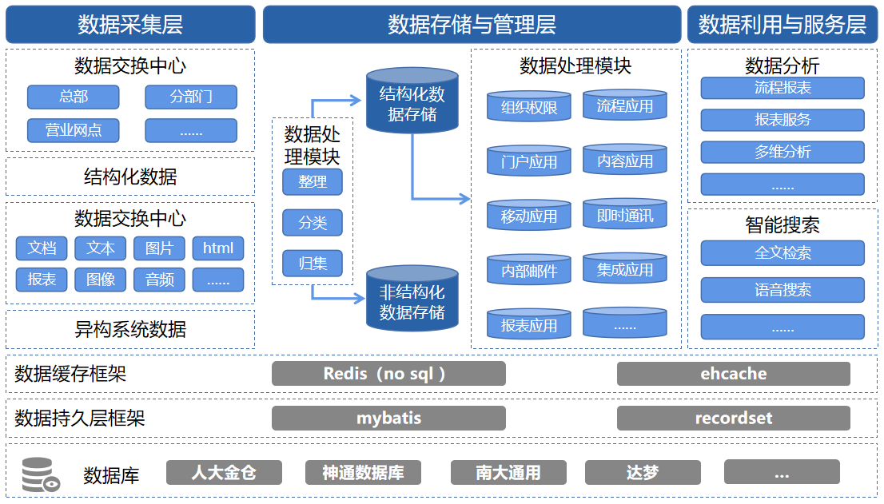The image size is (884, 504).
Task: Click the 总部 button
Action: pos(74,97)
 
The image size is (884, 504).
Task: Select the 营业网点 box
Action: pos(74,131)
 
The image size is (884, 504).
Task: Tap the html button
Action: pos(218,248)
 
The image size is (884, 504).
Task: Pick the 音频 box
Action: pos(159,280)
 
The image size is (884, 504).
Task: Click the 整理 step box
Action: pos(313,182)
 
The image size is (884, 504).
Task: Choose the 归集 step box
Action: pos(313,264)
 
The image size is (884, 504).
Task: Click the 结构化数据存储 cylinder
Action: pos(412,100)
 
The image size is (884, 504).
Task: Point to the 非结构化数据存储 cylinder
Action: pos(412,299)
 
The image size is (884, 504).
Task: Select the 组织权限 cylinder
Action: pos(529,106)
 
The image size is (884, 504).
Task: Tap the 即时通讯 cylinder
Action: pos(625,214)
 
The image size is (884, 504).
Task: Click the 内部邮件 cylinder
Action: pos(529,269)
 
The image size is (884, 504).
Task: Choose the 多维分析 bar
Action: pos(782,152)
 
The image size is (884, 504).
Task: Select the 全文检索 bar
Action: pos(782,253)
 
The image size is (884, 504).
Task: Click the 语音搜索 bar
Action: pos(782,290)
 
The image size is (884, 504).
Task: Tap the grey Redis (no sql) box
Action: pos(388,374)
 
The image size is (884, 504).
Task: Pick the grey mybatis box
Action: pos(388,419)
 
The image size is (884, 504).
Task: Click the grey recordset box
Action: pos(734,419)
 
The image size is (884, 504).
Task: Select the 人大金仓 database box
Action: pos(224,473)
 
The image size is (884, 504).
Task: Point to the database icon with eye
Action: pos(41,474)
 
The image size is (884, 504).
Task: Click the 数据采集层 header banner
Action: pos(130,25)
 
